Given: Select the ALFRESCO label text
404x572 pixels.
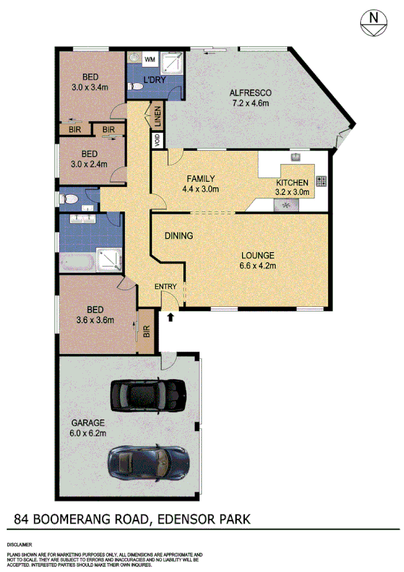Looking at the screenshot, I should point(250,93).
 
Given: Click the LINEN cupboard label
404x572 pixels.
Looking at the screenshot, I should point(156,116).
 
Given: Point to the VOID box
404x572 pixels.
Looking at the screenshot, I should point(157,140).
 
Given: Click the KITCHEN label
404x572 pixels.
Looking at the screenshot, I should point(293,183).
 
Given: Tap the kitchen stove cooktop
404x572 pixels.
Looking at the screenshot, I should point(320,181).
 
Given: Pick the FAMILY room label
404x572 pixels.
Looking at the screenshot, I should point(201,179).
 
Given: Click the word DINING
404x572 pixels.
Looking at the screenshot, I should point(179,236).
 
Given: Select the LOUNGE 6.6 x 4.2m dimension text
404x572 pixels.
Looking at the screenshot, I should point(258,266).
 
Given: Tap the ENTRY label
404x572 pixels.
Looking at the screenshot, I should point(165,287).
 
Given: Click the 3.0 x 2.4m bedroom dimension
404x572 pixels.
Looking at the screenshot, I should point(90,163).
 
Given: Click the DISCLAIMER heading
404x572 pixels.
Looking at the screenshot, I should point(20,543).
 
